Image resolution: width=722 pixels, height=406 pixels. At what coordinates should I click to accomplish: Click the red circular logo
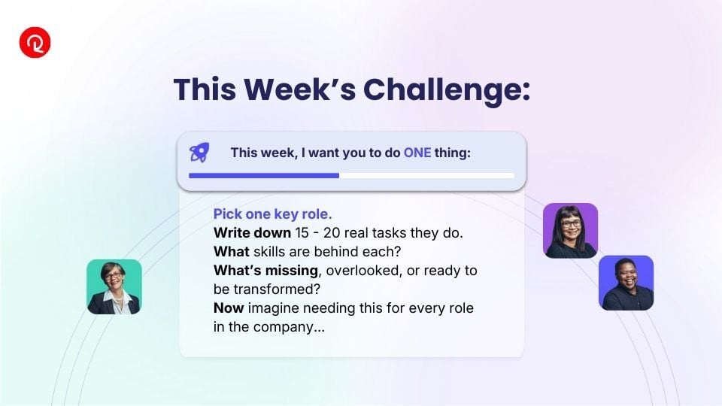tap(35, 42)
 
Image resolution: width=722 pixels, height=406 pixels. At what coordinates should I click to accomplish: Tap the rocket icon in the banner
tap(199, 153)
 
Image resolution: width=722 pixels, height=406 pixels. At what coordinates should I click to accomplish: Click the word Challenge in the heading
tap(446, 89)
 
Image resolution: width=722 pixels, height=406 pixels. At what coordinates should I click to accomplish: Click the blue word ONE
tap(417, 153)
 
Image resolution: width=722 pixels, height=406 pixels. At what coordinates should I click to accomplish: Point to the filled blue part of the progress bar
tap(264, 175)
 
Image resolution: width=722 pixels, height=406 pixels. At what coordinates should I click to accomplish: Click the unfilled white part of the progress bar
tap(427, 175)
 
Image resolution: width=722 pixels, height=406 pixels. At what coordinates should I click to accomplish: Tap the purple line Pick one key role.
tap(272, 214)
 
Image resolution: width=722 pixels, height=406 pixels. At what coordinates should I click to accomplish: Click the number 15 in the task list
tap(302, 233)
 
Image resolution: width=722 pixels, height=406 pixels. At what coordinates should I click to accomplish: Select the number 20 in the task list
tap(331, 233)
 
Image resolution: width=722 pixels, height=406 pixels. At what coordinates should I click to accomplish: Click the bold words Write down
tap(252, 233)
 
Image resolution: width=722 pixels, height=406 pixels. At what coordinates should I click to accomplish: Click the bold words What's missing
tap(265, 271)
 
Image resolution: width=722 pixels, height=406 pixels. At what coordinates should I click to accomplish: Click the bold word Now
tap(229, 308)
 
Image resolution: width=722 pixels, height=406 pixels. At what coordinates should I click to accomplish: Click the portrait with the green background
tap(114, 286)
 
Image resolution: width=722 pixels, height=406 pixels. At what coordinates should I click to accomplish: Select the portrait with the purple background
tap(571, 231)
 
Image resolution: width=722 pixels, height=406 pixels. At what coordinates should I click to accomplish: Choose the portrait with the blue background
tap(626, 283)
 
